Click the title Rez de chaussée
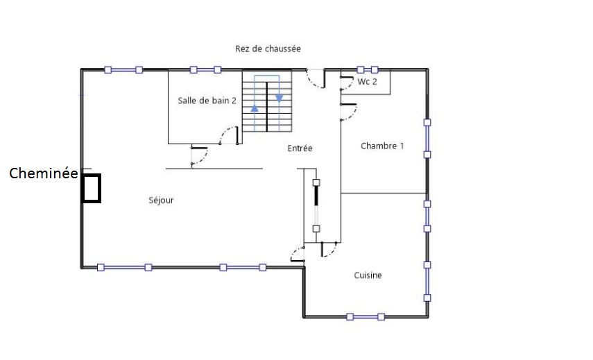click(x=268, y=49)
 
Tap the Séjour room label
click(x=161, y=200)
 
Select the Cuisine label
click(x=368, y=275)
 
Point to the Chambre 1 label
click(x=382, y=146)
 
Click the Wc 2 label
click(x=367, y=82)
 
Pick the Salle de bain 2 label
click(x=207, y=101)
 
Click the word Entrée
click(x=300, y=148)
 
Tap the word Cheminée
click(x=44, y=173)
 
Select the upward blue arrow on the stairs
click(x=255, y=108)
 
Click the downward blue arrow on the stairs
click(x=279, y=98)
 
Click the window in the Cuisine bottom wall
click(x=366, y=317)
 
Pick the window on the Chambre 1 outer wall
click(x=427, y=139)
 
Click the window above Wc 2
click(x=367, y=69)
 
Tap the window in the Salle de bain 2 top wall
click(x=205, y=69)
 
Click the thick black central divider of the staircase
click(x=267, y=107)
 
